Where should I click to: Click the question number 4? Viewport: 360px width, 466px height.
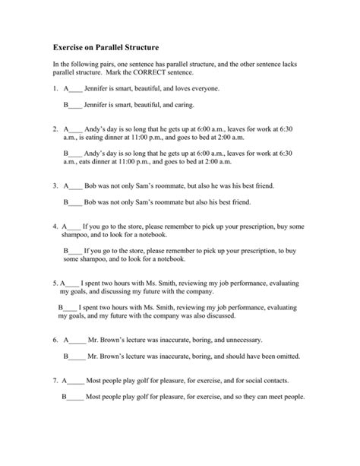click(55, 227)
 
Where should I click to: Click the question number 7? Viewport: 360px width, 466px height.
click(55, 381)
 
